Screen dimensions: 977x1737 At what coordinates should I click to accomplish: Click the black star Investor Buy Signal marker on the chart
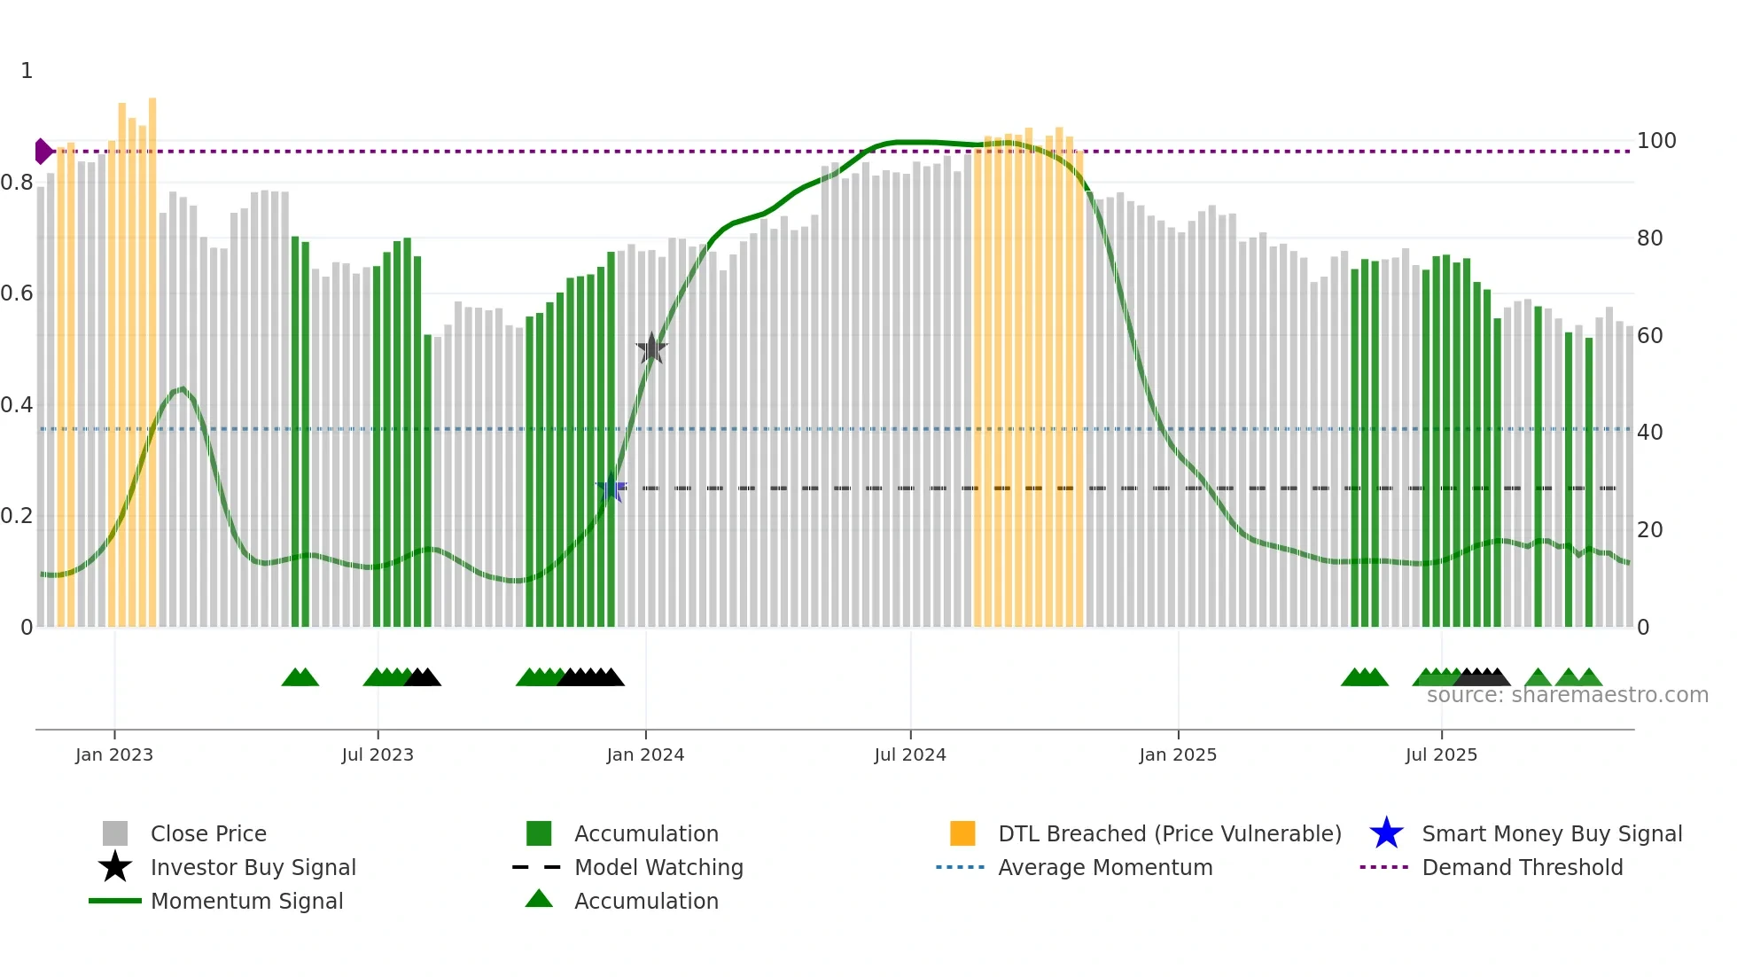tap(651, 348)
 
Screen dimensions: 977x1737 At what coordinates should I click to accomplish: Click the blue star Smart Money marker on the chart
tap(611, 488)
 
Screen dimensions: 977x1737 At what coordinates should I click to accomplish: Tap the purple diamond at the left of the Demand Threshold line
tap(43, 152)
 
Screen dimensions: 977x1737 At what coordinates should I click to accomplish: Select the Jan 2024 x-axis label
tap(645, 754)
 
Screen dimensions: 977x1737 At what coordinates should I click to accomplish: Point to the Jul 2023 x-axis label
tap(378, 754)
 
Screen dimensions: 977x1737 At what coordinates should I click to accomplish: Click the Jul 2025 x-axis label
tap(1441, 754)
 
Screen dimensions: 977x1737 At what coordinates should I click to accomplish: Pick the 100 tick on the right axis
tap(1655, 141)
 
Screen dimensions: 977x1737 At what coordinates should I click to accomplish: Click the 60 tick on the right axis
tap(1649, 336)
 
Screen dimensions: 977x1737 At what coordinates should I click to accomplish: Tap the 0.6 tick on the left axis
tap(17, 293)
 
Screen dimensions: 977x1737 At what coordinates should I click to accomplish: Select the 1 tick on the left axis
tap(27, 71)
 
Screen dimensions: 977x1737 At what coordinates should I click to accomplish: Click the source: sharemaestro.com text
tap(1567, 695)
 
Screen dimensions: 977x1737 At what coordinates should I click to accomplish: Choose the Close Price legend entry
tap(208, 833)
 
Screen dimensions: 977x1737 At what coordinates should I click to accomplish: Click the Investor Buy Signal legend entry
tap(253, 867)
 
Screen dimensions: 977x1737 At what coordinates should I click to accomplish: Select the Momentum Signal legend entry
tap(246, 901)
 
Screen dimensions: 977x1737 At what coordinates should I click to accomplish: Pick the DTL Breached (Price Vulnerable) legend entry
tap(1169, 833)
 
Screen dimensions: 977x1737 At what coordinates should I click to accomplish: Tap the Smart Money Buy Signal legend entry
tap(1551, 833)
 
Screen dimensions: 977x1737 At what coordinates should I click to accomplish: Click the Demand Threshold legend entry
tap(1522, 867)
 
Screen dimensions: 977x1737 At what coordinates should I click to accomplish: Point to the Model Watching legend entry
tap(658, 867)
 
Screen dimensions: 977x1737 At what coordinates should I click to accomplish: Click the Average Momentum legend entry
tap(1104, 867)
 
